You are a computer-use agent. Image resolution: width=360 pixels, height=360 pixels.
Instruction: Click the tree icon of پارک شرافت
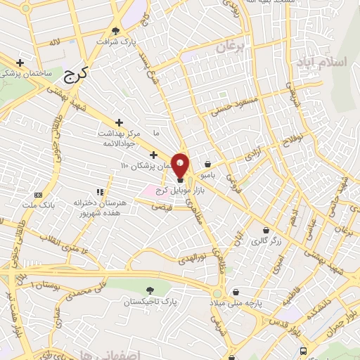point(115,30)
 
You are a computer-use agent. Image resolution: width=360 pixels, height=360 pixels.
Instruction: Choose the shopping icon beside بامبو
point(208,164)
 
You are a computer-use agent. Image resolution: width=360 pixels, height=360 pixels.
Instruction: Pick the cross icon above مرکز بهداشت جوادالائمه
point(118,122)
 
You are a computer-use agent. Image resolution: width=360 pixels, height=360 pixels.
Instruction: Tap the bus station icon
point(302,350)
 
